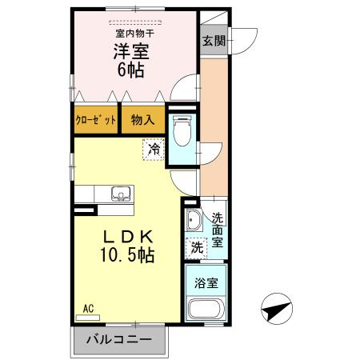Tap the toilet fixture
(181, 130)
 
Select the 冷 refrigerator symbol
(154, 148)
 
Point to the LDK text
(126, 237)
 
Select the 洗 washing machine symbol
(197, 247)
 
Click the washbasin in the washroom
(193, 222)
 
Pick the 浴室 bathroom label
(206, 282)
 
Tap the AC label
(89, 307)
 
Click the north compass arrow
(274, 307)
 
